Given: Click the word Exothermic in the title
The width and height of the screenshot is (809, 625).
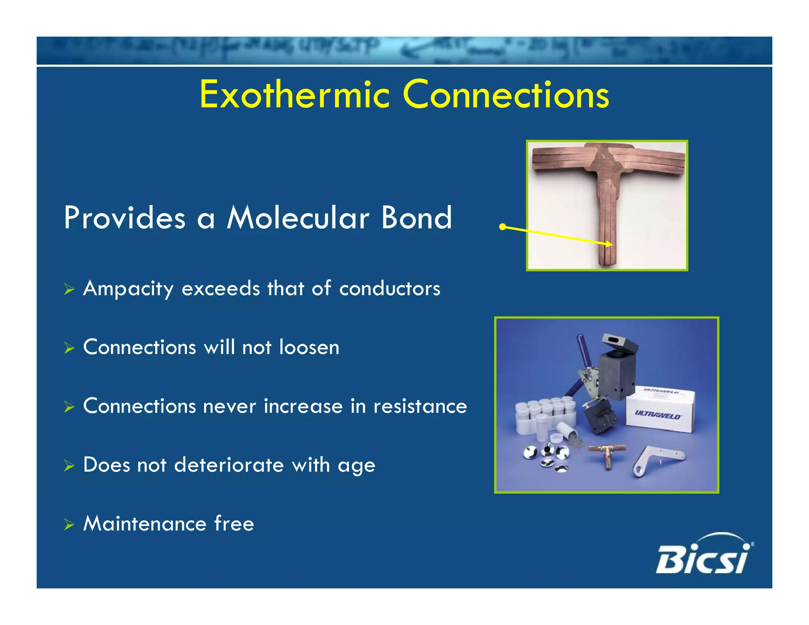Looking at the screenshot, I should coord(294,95).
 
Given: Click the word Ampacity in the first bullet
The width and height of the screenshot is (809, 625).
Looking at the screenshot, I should coord(128,289).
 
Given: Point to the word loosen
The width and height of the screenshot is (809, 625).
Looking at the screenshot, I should coord(309,347).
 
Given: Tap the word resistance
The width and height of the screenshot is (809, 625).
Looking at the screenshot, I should coord(420,406).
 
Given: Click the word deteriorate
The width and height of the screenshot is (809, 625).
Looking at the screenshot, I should coord(229,465).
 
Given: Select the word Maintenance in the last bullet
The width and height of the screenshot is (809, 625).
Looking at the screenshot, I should coord(145,523).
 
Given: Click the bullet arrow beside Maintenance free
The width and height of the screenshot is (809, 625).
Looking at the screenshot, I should coord(69,525).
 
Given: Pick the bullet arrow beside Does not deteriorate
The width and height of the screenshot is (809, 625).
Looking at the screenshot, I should coord(69,466).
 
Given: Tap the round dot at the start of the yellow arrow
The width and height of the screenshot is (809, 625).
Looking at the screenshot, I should coord(502,227).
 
